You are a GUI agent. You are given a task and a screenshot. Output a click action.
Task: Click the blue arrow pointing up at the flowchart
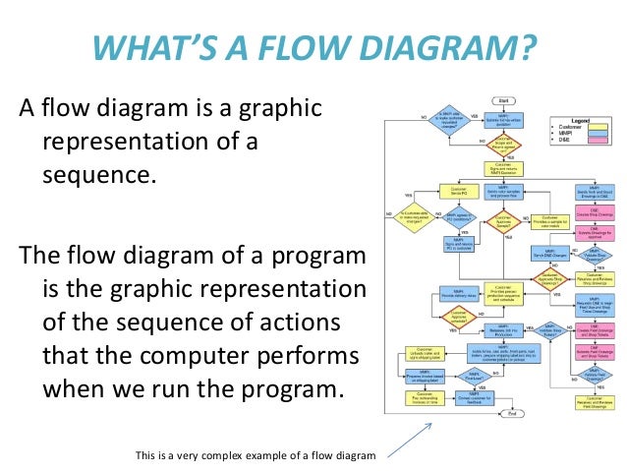point(407,435)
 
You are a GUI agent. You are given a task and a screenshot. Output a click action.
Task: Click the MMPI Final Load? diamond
point(448,376)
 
